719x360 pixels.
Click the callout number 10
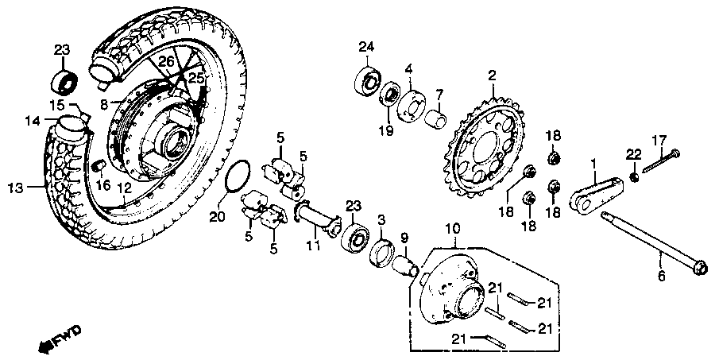click(452, 229)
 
